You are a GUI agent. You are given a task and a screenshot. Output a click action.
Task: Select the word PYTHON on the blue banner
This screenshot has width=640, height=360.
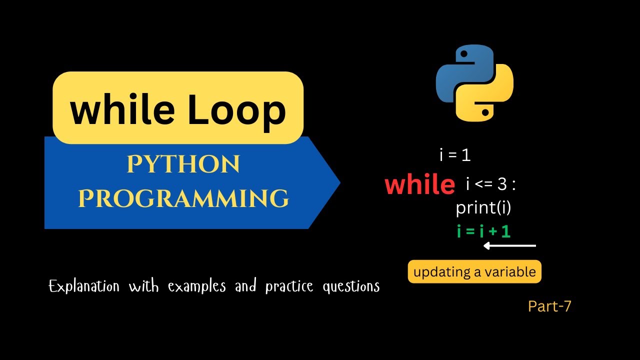(183, 165)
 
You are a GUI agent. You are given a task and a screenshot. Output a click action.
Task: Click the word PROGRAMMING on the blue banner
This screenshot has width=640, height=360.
(183, 198)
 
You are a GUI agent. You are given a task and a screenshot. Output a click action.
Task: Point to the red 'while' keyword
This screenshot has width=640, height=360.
(420, 185)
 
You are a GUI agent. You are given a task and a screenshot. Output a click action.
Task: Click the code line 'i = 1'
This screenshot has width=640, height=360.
(455, 155)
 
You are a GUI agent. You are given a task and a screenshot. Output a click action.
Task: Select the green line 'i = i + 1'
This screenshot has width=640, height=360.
(483, 231)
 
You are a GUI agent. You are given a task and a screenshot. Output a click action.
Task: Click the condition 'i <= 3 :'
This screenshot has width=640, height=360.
(490, 185)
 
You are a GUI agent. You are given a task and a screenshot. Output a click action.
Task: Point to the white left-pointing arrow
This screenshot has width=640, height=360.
(509, 245)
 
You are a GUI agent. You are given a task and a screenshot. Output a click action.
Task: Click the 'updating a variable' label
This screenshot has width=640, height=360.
(474, 272)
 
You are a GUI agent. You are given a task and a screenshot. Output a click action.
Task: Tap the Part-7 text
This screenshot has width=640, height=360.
(549, 306)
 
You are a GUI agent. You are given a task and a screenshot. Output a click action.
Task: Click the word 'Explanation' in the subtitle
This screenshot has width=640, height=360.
(84, 286)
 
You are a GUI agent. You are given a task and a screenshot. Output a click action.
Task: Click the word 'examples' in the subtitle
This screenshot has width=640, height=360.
(196, 286)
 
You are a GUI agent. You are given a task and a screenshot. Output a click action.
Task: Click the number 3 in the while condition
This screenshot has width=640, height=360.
(502, 185)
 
